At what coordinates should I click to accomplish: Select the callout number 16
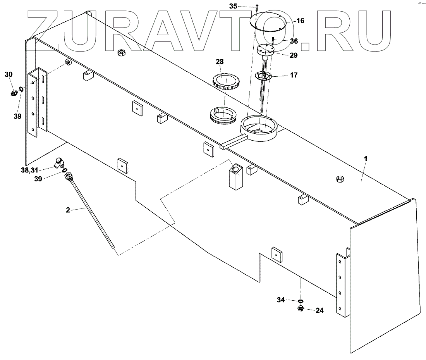pos(300,21)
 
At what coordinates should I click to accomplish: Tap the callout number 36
pos(294,41)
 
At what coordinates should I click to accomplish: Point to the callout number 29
pos(293,55)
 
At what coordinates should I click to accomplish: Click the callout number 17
pos(294,75)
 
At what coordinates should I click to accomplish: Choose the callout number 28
pos(220,62)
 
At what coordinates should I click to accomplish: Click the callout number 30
pos(9,74)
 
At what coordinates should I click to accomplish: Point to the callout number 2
pos(68,210)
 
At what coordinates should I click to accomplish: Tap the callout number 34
pos(281,300)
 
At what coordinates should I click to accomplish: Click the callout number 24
pos(319,310)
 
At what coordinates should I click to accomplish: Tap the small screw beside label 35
pos(256,7)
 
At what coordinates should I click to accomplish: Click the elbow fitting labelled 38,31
pos(59,163)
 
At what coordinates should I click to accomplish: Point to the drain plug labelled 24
pos(300,308)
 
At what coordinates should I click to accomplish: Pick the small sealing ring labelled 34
pos(300,300)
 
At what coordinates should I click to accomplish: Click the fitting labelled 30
pos(14,93)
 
